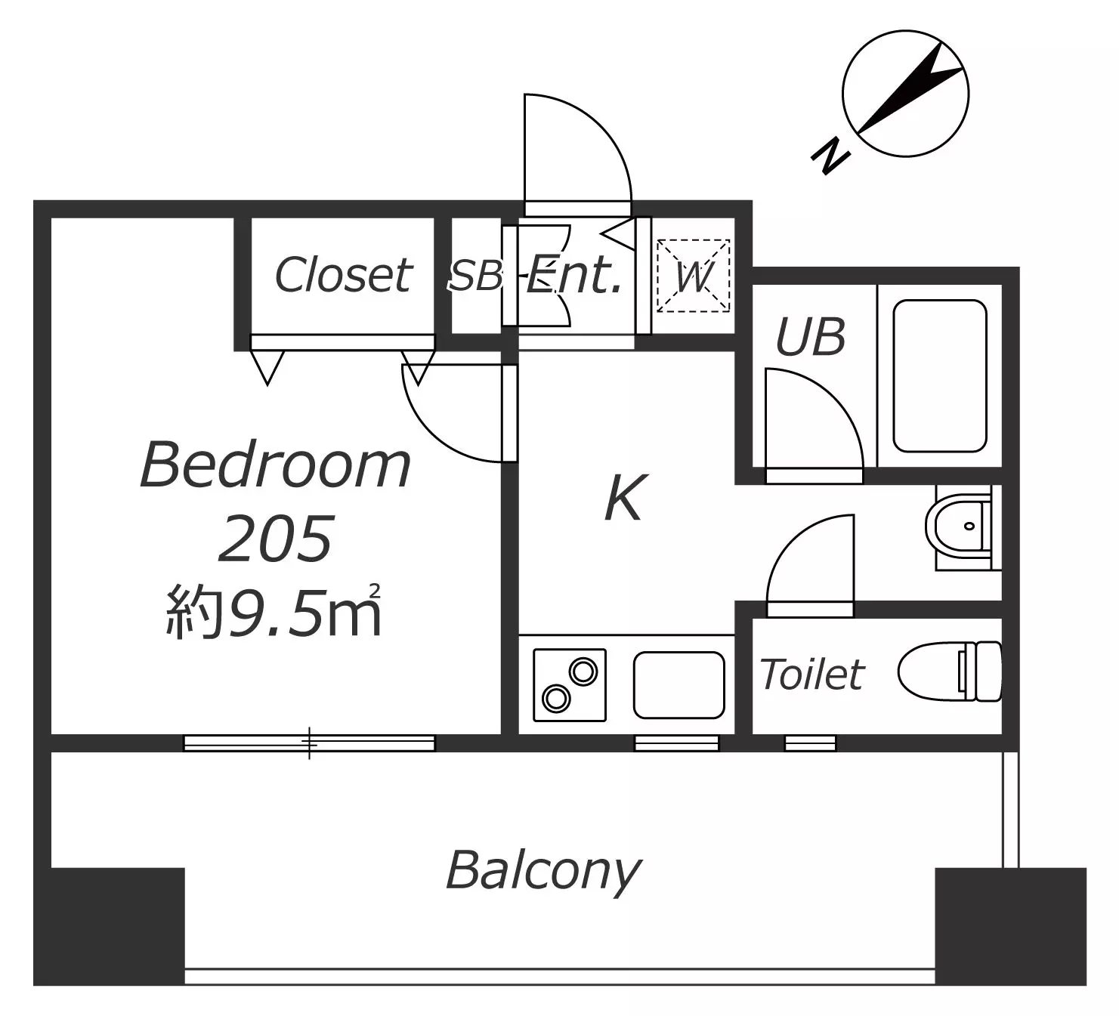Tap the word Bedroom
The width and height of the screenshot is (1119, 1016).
point(276,465)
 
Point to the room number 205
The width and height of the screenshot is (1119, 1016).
point(276,539)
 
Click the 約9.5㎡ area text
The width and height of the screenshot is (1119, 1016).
point(274,612)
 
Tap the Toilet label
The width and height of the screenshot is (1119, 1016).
point(812,674)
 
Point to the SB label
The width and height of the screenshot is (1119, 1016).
point(475,276)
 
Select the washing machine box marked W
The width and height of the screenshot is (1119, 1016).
point(694,276)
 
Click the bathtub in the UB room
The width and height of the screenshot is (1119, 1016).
point(940,375)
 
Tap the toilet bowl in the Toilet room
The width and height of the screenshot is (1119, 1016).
point(950,672)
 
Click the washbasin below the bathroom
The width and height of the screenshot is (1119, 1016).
point(963,527)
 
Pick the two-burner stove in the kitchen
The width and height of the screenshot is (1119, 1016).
point(570,685)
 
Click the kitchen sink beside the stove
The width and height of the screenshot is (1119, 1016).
point(679,685)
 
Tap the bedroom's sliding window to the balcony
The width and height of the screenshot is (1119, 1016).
point(309,743)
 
